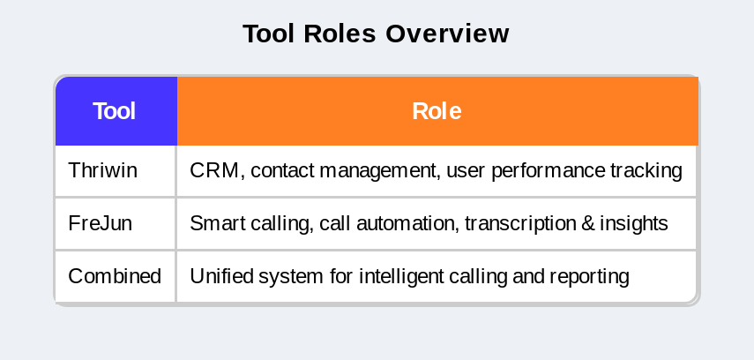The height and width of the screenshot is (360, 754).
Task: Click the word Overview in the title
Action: click(x=447, y=34)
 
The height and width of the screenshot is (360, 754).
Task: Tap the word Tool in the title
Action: click(x=269, y=34)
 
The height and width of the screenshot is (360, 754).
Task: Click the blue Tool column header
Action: click(x=116, y=110)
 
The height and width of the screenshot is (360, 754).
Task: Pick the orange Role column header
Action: click(x=437, y=110)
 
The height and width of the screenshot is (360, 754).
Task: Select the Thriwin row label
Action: click(x=102, y=170)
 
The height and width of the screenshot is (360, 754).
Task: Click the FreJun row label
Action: click(x=100, y=223)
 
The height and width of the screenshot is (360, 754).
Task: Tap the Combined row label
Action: click(x=115, y=276)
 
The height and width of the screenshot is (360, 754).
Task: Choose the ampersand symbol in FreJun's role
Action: click(x=588, y=224)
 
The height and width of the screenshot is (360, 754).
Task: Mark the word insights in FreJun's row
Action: click(x=634, y=224)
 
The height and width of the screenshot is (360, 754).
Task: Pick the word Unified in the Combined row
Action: click(x=221, y=276)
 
